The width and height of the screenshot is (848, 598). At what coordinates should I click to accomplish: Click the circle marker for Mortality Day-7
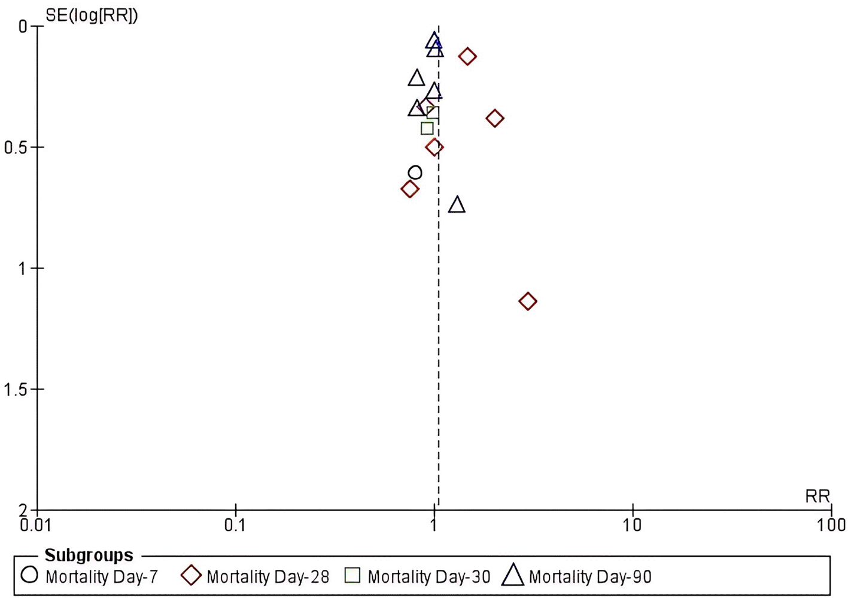coord(415,173)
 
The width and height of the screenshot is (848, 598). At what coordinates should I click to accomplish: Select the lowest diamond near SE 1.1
coord(527,301)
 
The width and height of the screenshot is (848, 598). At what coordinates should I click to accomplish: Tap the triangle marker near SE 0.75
coord(457,205)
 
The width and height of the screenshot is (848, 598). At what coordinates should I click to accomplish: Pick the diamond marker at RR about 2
coord(494,118)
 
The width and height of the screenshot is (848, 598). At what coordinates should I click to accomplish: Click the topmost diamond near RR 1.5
coord(467,56)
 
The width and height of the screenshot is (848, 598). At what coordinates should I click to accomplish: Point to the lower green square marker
coord(427,128)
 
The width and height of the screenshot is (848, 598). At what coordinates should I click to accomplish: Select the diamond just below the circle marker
coord(409,189)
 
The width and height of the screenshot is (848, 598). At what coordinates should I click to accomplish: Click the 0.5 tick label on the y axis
coord(15,148)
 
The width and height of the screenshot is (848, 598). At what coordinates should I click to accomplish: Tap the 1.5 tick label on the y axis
coord(15,390)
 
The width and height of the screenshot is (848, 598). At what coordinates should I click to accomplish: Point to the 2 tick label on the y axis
coord(23,511)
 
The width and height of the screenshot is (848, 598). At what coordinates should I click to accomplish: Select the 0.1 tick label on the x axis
coord(236,526)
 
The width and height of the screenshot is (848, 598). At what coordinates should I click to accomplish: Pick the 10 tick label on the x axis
coord(632,526)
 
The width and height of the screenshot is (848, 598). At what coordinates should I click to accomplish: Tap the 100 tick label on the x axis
coord(831,526)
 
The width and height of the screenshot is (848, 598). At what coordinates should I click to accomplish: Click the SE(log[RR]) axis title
coord(92,15)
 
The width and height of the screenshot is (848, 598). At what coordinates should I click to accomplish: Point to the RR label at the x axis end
coord(817,497)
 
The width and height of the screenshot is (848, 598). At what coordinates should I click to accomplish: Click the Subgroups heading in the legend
coord(89,555)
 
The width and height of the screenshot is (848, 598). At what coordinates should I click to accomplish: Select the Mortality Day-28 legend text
coord(268,577)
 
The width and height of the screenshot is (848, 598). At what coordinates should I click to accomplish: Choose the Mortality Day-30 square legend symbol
coord(352,576)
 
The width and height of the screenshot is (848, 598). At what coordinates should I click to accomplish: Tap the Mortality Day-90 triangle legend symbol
coord(513,575)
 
